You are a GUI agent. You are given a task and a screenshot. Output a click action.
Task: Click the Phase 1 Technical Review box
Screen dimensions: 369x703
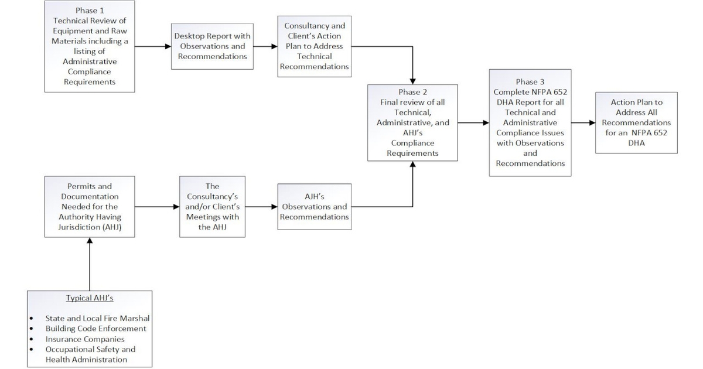90,46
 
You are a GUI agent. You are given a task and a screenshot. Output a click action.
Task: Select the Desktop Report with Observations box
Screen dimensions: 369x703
212,46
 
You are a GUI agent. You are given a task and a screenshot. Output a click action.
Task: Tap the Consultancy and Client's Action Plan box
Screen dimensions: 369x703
315,46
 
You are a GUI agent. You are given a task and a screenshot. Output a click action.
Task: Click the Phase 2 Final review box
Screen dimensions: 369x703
412,122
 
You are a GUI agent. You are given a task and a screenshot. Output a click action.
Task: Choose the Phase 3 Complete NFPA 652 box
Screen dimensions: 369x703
530,122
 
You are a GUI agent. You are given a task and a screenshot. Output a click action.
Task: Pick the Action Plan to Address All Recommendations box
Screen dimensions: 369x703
636,122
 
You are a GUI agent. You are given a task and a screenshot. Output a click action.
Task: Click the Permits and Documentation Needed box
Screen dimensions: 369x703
90,206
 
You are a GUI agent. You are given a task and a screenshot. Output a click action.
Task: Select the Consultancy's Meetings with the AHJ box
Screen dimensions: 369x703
212,206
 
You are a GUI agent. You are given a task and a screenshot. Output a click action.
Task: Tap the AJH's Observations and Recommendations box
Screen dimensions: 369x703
315,206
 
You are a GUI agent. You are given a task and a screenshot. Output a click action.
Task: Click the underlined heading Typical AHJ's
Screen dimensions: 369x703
90,298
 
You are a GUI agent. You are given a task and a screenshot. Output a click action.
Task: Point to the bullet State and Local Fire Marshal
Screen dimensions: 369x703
97,318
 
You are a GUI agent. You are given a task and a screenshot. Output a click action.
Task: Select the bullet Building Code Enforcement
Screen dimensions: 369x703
96,329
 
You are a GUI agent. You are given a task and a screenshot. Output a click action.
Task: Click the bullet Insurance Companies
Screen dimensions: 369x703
85,339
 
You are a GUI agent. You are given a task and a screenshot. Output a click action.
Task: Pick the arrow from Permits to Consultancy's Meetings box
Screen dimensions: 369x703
156,206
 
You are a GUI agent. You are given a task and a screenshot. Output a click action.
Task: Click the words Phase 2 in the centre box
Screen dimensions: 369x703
412,92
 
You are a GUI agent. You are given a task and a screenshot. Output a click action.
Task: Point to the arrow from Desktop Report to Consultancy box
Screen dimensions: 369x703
264,46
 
